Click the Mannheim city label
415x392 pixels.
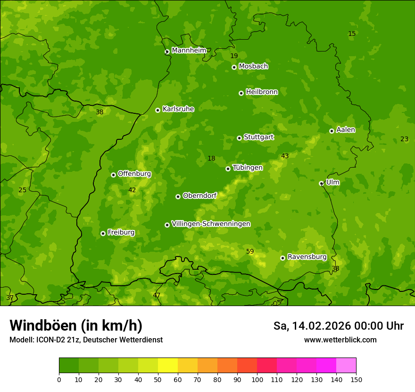tap(189, 50)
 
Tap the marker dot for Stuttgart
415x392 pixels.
tap(239, 138)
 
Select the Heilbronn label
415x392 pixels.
tap(262, 92)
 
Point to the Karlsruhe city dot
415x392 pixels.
tap(158, 110)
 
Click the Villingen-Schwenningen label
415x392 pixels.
tap(211, 223)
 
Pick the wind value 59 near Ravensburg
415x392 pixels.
tap(250, 251)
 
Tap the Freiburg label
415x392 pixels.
tap(121, 232)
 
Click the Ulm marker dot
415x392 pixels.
tap(321, 183)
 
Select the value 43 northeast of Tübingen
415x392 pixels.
tap(285, 156)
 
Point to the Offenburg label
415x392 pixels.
tap(134, 173)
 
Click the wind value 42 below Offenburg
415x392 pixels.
tap(132, 190)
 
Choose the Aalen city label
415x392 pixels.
tap(346, 129)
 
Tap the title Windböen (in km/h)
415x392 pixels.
tap(76, 325)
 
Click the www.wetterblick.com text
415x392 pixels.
tap(340, 340)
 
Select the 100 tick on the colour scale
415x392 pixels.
tap(257, 379)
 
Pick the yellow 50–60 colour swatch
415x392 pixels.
tap(168, 366)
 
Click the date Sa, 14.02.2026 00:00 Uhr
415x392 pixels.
tap(338, 326)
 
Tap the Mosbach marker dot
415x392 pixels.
tap(234, 67)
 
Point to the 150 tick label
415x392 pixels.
tap(356, 379)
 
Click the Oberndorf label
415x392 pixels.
tap(199, 195)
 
